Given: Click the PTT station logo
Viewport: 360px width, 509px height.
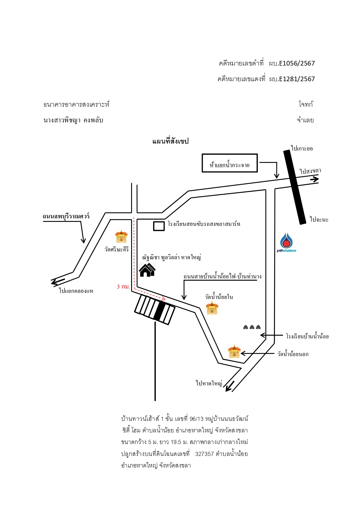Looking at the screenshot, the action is click(286, 242).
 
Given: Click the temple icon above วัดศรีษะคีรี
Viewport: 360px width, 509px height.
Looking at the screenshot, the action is click(121, 237).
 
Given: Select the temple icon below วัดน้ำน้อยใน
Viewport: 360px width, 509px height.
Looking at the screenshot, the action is click(212, 308).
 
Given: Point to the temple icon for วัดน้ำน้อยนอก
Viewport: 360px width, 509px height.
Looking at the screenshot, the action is click(234, 352).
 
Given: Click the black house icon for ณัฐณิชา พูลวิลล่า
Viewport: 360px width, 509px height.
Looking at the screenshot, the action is click(147, 270).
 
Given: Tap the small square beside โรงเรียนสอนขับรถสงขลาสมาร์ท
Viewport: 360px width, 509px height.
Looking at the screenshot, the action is click(159, 226).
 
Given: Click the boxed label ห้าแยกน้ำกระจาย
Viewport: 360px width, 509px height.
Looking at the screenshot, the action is click(230, 163).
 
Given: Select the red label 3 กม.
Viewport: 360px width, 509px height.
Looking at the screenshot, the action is click(123, 287).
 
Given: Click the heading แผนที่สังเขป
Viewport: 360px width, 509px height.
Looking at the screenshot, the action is click(171, 141).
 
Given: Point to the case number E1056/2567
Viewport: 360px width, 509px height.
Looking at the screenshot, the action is click(297, 63).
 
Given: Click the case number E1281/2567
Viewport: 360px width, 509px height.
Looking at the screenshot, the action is click(297, 79).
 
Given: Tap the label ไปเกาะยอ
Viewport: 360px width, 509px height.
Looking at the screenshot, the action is click(302, 148).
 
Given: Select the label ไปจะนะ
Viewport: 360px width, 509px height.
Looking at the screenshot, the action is click(319, 219).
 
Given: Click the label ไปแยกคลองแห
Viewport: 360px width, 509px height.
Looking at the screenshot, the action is click(76, 291).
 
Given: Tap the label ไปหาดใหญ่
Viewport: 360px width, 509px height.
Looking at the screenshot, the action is click(209, 383).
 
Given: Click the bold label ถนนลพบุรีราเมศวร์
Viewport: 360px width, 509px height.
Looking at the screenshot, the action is click(66, 216).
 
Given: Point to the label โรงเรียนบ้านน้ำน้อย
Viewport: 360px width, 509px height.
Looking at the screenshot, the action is click(307, 336).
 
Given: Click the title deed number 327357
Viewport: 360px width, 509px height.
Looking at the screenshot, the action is click(205, 454).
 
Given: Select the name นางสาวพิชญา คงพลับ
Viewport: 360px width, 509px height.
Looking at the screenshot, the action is click(73, 120).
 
